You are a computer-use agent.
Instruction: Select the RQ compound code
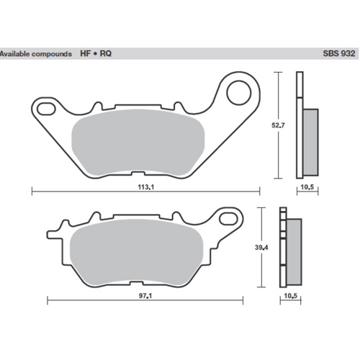pyautogui.click(x=106, y=54)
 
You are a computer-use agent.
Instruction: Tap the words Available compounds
pyautogui.click(x=36, y=54)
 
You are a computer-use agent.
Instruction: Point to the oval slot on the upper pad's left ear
pyautogui.click(x=45, y=109)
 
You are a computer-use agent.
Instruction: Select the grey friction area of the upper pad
pyautogui.click(x=140, y=143)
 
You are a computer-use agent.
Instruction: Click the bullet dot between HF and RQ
pyautogui.click(x=96, y=54)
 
